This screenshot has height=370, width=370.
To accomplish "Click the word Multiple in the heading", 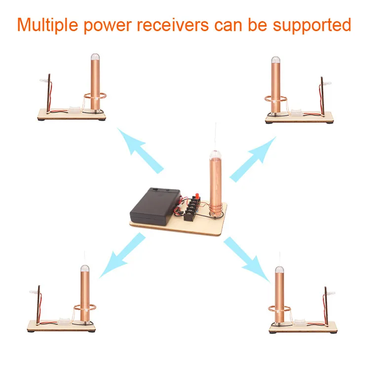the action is (47, 25).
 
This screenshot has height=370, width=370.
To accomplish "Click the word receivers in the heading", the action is (173, 25).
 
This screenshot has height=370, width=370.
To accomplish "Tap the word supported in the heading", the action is (312, 25).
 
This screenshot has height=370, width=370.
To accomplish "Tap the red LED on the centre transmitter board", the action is (197, 196).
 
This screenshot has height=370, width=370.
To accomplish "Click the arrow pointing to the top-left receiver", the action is (140, 150).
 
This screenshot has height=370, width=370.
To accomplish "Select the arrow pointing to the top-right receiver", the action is (253, 159).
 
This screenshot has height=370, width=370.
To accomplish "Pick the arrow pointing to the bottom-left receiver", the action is (122, 255).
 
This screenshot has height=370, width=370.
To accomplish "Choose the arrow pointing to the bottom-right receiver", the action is (247, 259).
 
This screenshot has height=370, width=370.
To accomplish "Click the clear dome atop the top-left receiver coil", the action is (95, 57).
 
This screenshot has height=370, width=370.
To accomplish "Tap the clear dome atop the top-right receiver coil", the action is (276, 60).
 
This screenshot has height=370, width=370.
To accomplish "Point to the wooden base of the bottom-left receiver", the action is (61, 326).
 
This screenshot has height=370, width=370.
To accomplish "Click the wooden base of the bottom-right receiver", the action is (303, 327).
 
